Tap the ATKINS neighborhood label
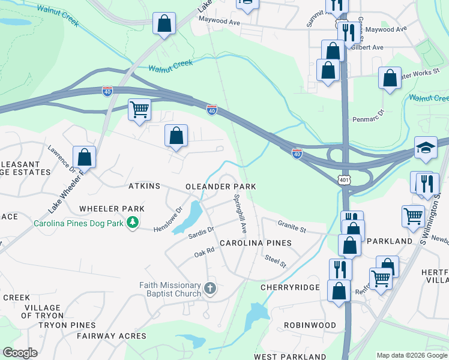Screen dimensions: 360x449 144,187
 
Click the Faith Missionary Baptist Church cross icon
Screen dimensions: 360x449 210,288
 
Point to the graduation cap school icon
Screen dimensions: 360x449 426,148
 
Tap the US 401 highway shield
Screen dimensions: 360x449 343,180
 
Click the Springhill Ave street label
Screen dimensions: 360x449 240,214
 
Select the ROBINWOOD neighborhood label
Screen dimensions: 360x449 310,325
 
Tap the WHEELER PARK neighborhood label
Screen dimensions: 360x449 112,209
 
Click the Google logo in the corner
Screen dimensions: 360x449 20,353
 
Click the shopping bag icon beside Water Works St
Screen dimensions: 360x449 390,78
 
